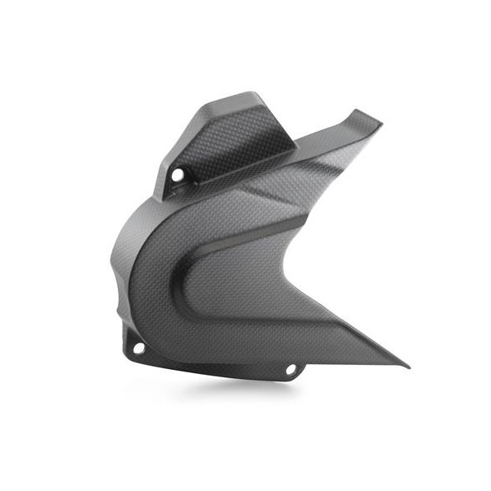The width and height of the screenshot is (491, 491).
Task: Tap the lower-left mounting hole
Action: [x=138, y=349]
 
